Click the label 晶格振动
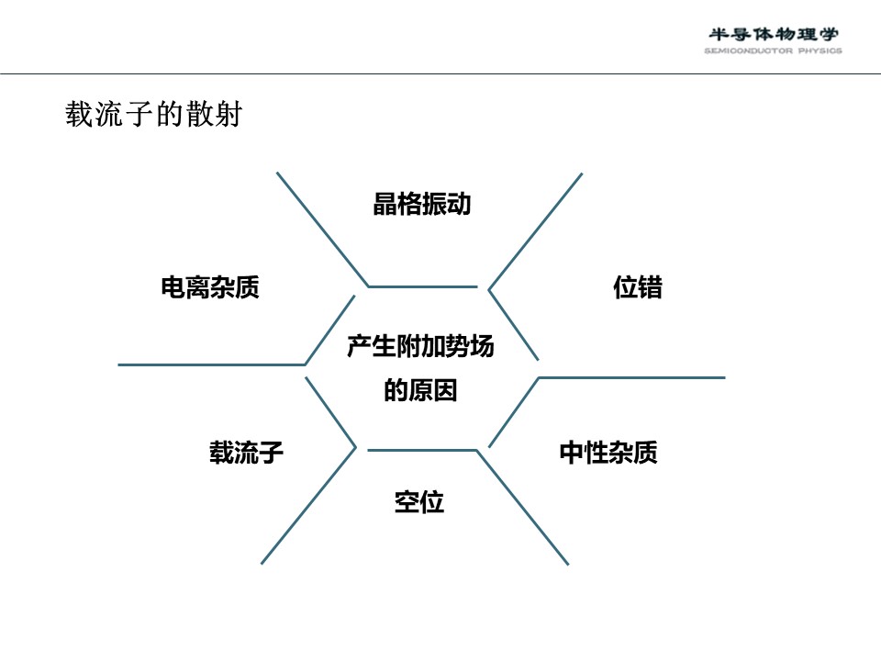422,204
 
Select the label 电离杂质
210,287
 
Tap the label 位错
638,287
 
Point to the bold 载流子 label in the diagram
246,453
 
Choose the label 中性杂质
608,453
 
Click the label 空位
419,502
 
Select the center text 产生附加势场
420,346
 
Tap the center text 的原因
420,390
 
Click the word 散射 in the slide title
214,114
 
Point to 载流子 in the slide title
109,114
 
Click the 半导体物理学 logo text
773,34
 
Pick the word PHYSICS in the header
820,50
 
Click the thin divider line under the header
440,73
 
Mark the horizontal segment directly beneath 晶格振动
422,286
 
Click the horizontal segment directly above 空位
422,450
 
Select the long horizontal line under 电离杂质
211,364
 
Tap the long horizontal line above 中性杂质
631,377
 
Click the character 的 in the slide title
170,114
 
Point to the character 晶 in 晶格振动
385,204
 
